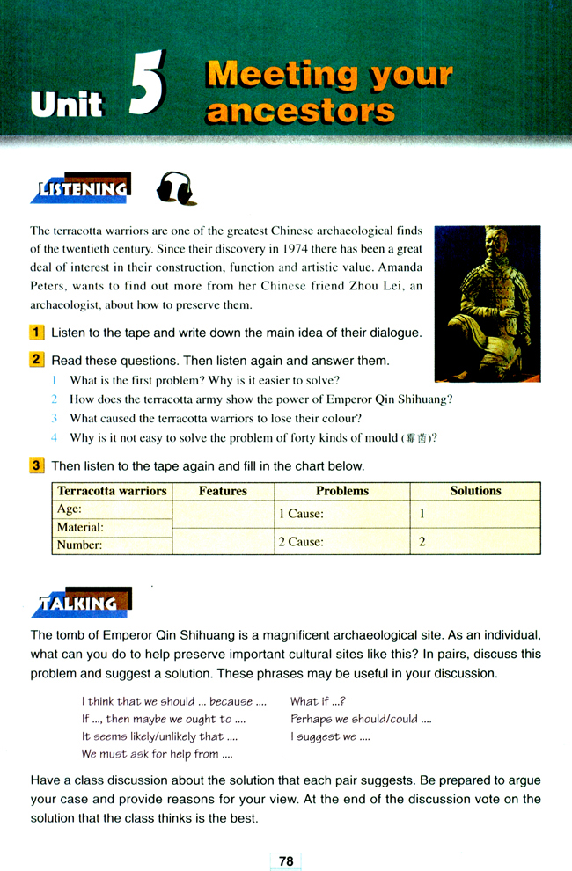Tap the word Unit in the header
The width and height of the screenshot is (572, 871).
pos(67,104)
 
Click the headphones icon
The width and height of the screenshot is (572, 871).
pos(175,187)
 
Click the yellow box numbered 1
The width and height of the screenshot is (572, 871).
pos(37,333)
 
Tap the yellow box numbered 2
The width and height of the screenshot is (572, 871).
pos(37,360)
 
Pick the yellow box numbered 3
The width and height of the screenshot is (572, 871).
pos(37,465)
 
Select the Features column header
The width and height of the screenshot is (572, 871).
pos(223,491)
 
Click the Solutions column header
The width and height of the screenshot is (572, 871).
pos(475,491)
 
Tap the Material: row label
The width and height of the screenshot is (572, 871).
pos(80,527)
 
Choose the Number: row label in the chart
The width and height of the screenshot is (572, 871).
pos(79,545)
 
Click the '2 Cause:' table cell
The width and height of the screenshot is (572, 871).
pos(301,542)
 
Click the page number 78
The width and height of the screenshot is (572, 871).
pos(286,861)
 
